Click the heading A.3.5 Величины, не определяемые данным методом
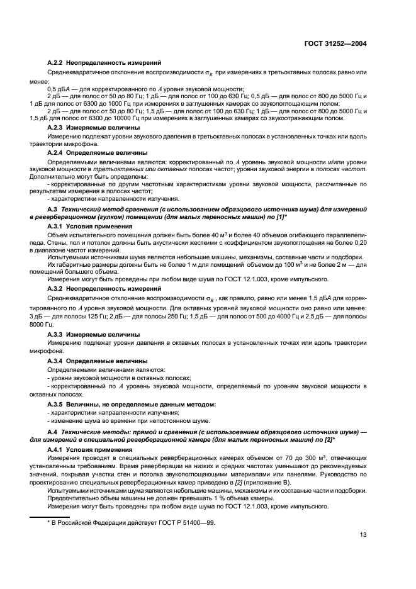click(132, 403)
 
